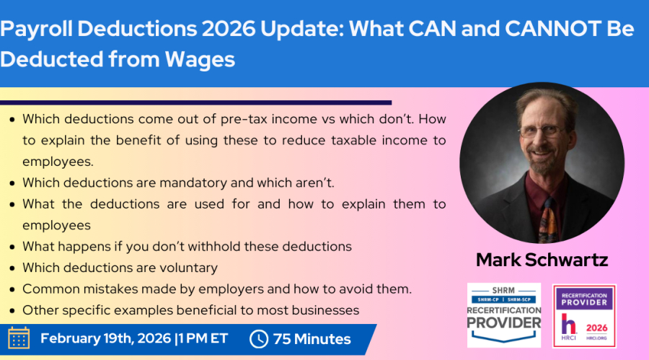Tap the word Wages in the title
200,59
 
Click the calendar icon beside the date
19,338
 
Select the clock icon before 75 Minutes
259,339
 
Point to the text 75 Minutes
312,339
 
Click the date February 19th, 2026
105,338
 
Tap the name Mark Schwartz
542,260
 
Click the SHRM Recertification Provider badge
504,315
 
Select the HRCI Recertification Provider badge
584,316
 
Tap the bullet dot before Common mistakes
12,289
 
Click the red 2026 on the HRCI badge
596,328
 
